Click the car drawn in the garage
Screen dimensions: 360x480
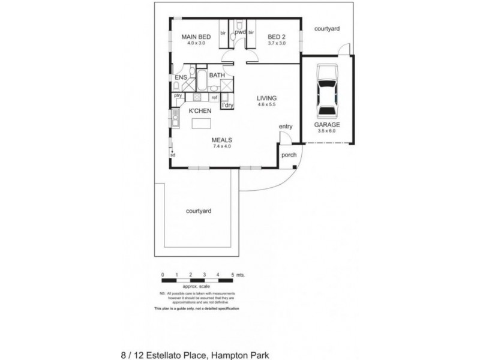[x=328, y=93]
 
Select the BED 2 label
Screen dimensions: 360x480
[x=277, y=37]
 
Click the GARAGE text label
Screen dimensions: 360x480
[x=327, y=125]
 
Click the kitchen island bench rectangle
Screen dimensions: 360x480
[x=202, y=123]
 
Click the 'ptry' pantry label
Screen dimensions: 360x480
[x=178, y=95]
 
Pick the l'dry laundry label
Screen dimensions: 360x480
[x=227, y=106]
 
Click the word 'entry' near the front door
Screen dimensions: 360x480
[x=285, y=127]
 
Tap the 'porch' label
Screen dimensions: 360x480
[x=289, y=154]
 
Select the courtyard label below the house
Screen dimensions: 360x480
[x=199, y=211]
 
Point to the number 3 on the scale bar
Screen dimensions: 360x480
[x=205, y=274]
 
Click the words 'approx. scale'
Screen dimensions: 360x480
[x=197, y=287]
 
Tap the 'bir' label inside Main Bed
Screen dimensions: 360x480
[x=223, y=33]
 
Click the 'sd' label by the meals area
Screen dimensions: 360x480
[x=173, y=155]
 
